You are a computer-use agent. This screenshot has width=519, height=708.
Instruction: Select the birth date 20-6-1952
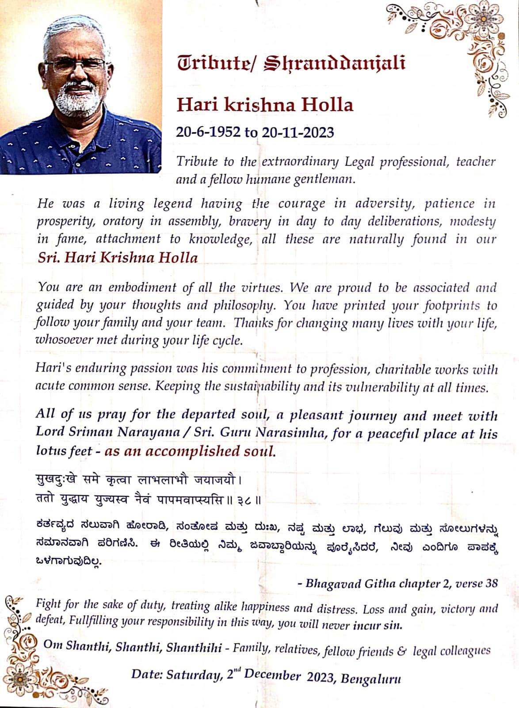208,132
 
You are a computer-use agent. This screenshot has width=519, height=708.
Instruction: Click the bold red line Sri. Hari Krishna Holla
118,258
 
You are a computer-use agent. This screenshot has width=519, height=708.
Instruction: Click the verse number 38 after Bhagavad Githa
491,583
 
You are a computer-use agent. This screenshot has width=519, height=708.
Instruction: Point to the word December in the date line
272,675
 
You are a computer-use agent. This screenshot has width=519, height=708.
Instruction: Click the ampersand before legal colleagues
401,651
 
